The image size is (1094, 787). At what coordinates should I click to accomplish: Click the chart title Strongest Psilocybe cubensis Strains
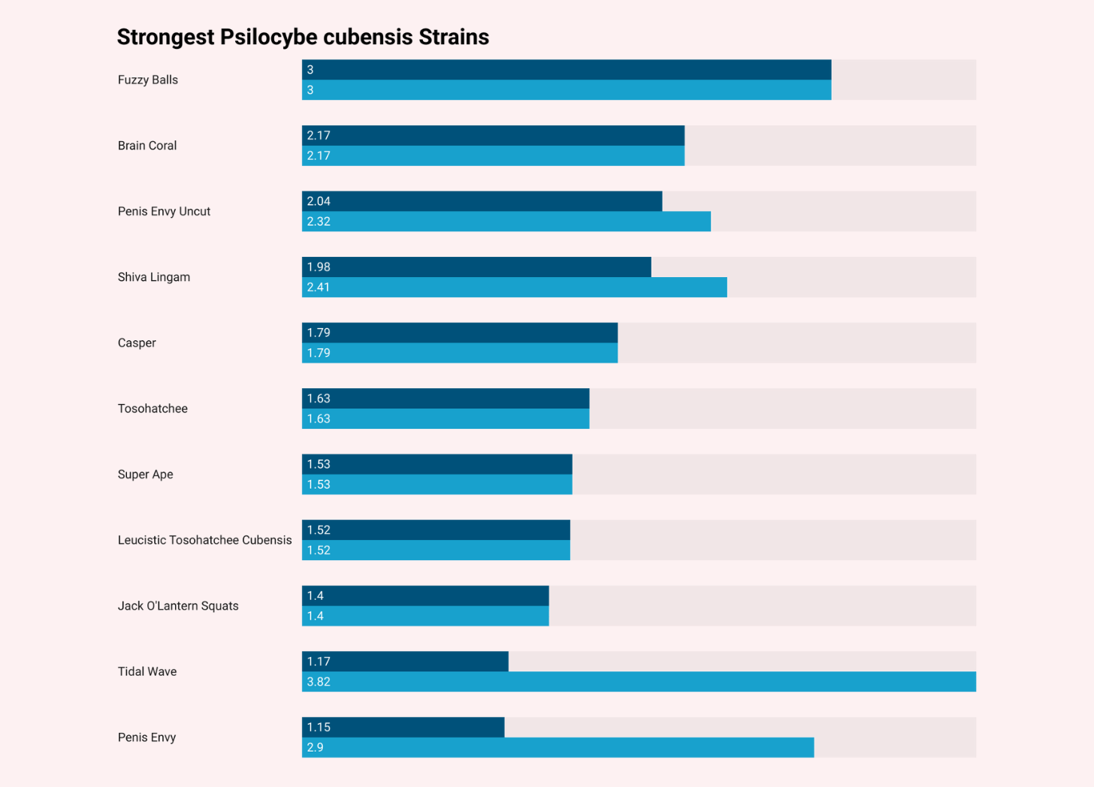pyautogui.click(x=303, y=37)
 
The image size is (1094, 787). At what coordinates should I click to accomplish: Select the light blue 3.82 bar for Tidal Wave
pyautogui.click(x=639, y=682)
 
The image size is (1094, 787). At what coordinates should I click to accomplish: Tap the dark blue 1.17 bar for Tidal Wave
pyautogui.click(x=405, y=662)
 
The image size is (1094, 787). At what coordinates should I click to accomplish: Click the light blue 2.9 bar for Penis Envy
pyautogui.click(x=558, y=747)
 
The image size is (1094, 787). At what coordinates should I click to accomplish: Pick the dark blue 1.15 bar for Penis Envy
pyautogui.click(x=403, y=727)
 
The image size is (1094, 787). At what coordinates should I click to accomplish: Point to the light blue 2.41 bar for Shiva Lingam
pyautogui.click(x=514, y=287)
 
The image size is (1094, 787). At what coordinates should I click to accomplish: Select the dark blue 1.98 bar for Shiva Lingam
pyautogui.click(x=476, y=267)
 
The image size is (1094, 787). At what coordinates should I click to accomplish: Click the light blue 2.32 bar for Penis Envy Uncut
pyautogui.click(x=506, y=222)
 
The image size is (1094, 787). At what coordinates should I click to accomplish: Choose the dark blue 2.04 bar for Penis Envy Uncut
pyautogui.click(x=482, y=201)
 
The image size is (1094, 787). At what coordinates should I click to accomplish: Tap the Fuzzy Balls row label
pyautogui.click(x=148, y=80)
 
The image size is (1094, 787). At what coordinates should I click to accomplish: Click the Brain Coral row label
pyautogui.click(x=147, y=146)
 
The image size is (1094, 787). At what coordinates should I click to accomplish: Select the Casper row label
pyautogui.click(x=137, y=343)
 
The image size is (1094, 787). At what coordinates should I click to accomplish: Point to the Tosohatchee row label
pyautogui.click(x=153, y=409)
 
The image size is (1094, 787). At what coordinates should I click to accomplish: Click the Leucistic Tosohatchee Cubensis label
pyautogui.click(x=204, y=540)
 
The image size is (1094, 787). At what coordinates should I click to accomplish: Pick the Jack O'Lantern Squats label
pyautogui.click(x=178, y=606)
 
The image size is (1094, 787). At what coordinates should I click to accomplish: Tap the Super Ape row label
pyautogui.click(x=146, y=475)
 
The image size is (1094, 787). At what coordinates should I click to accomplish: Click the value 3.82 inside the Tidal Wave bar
pyautogui.click(x=319, y=682)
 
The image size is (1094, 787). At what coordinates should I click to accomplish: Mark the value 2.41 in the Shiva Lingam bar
pyautogui.click(x=319, y=287)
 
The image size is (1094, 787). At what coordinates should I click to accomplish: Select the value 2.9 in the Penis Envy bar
pyautogui.click(x=316, y=747)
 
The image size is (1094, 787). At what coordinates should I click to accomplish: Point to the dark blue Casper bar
pyautogui.click(x=459, y=333)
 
